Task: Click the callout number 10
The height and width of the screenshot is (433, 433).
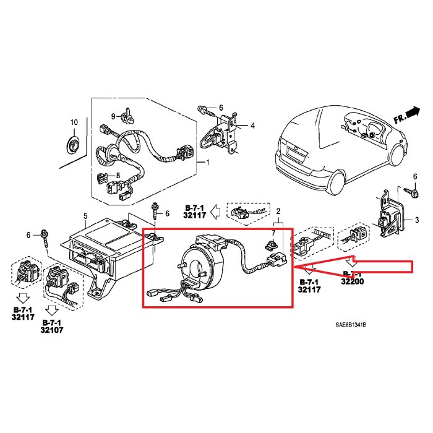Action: click(x=74, y=122)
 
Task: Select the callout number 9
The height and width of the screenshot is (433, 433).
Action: click(x=114, y=116)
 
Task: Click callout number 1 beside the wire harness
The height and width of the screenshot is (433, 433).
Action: click(x=208, y=163)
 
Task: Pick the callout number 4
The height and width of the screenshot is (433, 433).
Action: click(x=252, y=126)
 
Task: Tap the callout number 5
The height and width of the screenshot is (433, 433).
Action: click(x=85, y=216)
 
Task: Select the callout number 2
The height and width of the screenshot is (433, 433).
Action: click(x=279, y=212)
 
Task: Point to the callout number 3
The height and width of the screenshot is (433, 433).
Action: click(x=417, y=220)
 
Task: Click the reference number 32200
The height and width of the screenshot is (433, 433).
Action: click(x=351, y=281)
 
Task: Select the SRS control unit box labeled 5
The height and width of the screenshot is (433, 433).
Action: click(x=99, y=247)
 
